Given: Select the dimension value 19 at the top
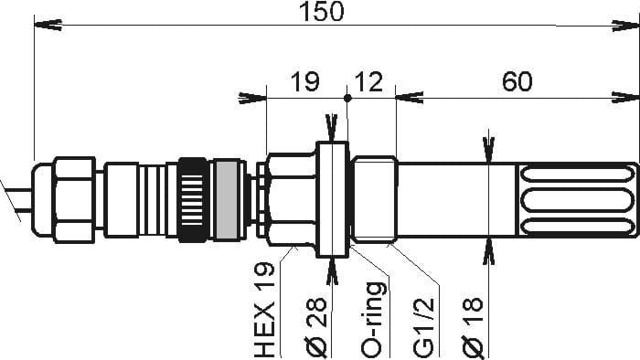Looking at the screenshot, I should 304,82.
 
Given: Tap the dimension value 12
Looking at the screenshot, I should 369,82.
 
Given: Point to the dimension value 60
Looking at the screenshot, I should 517,82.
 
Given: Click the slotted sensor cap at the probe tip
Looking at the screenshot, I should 575,199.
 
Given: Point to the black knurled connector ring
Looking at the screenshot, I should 193,199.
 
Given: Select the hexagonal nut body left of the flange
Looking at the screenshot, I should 290,199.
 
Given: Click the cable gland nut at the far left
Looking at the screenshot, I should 74,199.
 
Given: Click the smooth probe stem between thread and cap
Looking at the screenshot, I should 457,199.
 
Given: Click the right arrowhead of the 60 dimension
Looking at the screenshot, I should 629,98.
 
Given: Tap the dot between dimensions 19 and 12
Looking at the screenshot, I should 347,97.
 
